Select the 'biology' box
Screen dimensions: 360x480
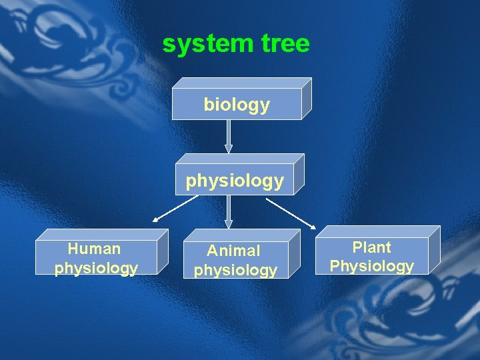[237, 104]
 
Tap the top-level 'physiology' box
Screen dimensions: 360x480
[235, 180]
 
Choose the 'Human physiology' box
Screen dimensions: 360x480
[96, 258]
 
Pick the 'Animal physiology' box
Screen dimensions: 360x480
[235, 260]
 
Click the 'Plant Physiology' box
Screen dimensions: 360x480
[371, 257]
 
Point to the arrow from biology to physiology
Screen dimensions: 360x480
[229, 137]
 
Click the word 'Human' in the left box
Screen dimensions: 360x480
[95, 249]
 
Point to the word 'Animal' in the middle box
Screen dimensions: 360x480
[233, 251]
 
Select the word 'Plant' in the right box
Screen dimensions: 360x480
[371, 247]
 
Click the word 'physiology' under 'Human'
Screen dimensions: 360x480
[96, 268]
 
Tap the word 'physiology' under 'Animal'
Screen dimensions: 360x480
[235, 270]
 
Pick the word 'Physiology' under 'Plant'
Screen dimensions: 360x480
[371, 266]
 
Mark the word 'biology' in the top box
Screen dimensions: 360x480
[237, 105]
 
